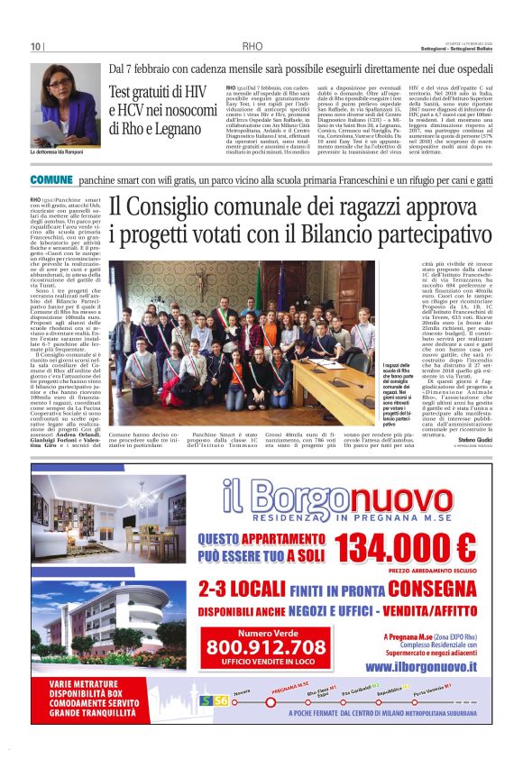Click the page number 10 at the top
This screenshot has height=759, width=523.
coord(36,46)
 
